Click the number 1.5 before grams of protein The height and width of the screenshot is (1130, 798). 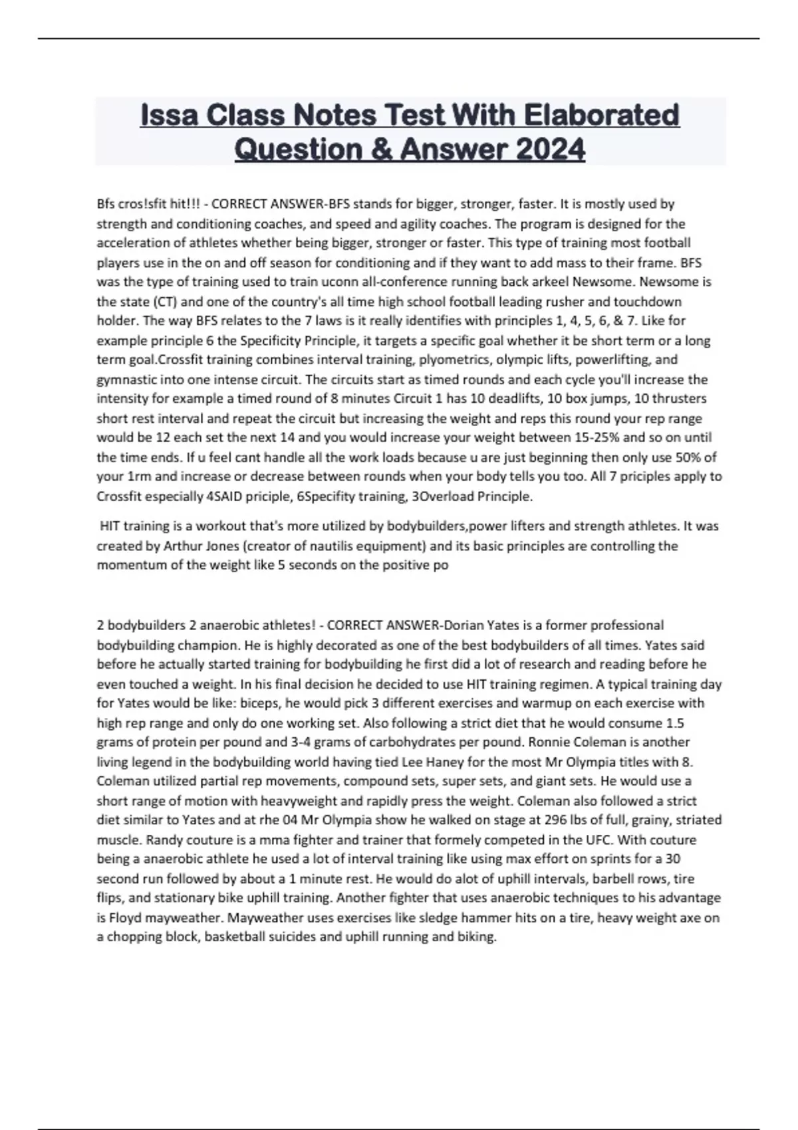(x=674, y=723)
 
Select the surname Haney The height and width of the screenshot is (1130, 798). (x=461, y=762)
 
